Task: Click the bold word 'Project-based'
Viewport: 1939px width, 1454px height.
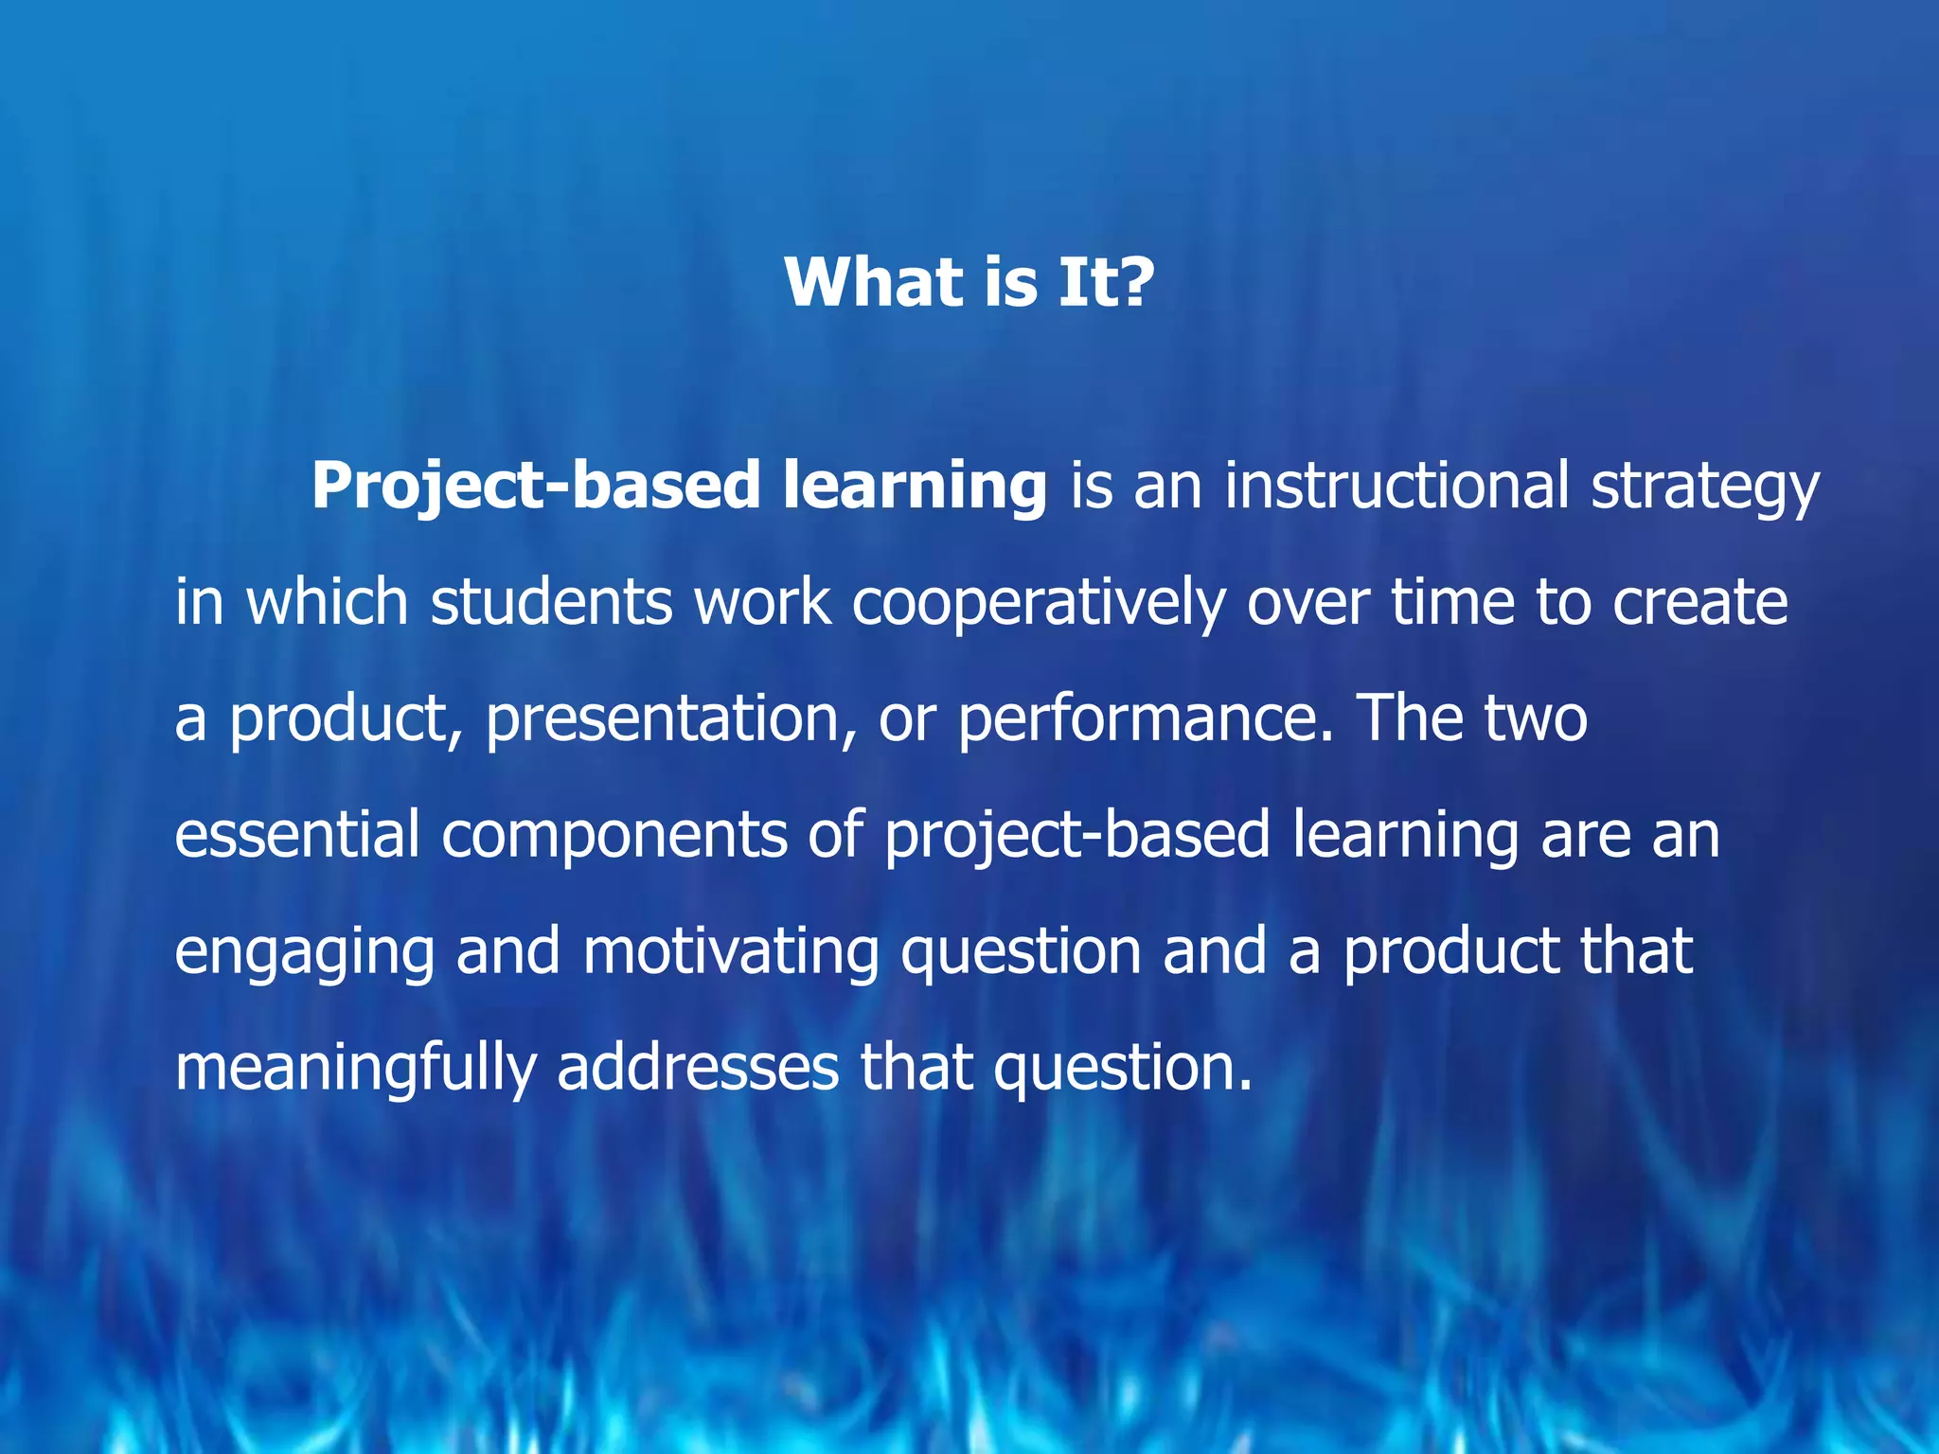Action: pos(535,486)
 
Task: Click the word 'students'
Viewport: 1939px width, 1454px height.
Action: pos(551,602)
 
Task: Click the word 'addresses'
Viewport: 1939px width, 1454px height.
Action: pos(698,1067)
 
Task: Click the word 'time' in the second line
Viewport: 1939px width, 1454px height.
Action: pos(1452,602)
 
